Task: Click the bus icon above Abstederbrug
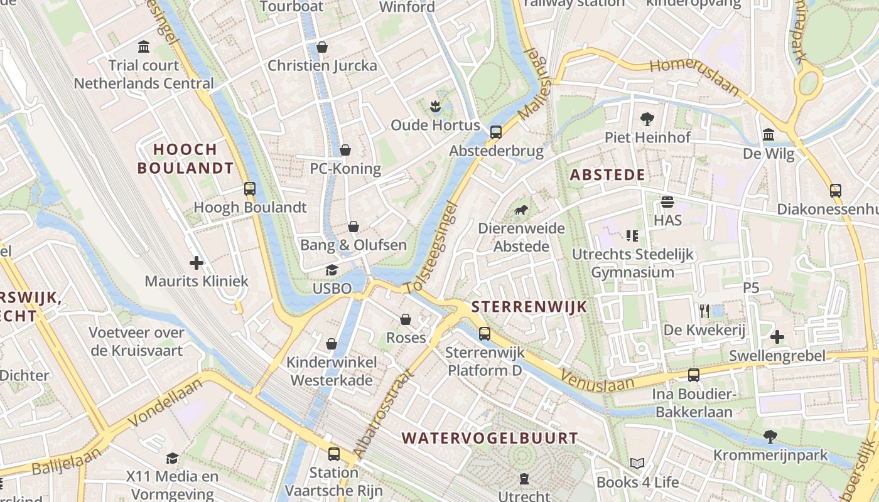[496, 132]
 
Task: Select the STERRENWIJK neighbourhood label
[529, 306]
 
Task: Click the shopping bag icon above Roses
[406, 319]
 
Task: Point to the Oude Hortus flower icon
[435, 106]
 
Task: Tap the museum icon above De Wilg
[768, 134]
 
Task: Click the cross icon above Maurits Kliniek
[197, 262]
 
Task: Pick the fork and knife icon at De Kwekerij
[704, 311]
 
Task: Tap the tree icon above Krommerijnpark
[770, 436]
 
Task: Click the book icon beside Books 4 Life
[637, 464]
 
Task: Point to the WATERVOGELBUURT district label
[490, 438]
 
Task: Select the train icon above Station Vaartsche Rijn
[334, 454]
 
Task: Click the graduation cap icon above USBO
[332, 270]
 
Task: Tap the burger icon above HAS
[667, 202]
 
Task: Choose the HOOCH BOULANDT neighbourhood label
[185, 159]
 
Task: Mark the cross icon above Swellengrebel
[777, 337]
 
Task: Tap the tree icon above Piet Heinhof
[647, 119]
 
